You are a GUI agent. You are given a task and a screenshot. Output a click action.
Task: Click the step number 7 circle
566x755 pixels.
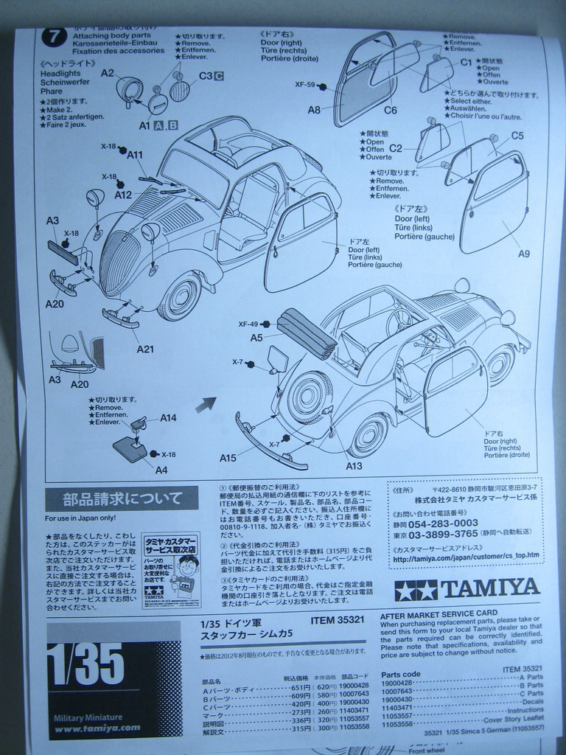coord(54,36)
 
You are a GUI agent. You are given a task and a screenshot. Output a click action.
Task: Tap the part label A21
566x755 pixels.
coord(144,349)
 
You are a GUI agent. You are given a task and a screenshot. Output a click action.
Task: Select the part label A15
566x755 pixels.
coord(228,458)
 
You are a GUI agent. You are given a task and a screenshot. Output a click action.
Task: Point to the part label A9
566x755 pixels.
coord(523,254)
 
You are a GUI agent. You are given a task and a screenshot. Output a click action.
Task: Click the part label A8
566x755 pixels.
coord(314,110)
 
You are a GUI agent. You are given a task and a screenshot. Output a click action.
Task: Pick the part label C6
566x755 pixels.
coord(390,110)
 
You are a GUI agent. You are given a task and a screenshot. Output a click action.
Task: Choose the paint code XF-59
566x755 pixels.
coord(305,85)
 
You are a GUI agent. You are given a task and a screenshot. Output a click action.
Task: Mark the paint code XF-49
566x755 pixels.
coord(248,324)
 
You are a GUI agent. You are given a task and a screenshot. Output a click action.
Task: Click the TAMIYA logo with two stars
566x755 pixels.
coord(467,588)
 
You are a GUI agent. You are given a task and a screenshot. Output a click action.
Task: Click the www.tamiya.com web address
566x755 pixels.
coord(97,728)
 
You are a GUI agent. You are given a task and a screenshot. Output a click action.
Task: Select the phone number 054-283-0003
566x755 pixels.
coord(447,523)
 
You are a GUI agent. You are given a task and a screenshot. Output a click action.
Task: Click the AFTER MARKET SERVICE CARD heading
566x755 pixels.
coord(438,613)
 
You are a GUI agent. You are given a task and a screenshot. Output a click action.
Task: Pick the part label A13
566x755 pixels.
coord(353,465)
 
